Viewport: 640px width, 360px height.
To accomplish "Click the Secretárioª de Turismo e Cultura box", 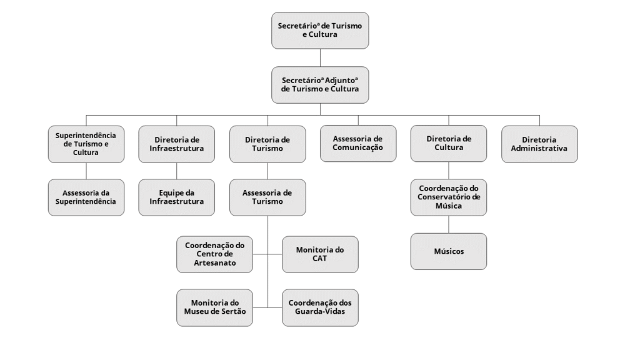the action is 320,31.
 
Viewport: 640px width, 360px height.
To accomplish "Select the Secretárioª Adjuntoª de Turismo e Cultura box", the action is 320,85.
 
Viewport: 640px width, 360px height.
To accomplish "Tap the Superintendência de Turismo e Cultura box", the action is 86,144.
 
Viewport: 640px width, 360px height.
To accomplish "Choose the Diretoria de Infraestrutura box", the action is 177,144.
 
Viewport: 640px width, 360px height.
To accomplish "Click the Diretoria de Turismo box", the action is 267,144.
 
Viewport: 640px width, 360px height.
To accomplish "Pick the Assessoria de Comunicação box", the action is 358,143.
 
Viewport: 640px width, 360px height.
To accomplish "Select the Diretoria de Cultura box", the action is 449,143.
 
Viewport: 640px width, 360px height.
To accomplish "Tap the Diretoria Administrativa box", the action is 539,144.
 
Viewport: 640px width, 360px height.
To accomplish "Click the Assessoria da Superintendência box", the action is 86,197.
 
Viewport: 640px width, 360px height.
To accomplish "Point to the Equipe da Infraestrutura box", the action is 177,197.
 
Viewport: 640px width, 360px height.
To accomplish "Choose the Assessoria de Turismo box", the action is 267,197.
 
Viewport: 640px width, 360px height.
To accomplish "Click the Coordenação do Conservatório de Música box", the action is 449,197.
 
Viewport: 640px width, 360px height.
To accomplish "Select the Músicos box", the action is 449,251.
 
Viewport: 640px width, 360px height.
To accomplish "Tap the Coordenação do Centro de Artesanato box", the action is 215,254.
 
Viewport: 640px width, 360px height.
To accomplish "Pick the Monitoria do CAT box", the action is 320,254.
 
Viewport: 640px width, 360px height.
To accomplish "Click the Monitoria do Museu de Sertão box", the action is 215,307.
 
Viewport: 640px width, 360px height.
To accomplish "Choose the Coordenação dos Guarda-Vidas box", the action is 320,307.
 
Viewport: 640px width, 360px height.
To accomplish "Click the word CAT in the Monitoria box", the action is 319,258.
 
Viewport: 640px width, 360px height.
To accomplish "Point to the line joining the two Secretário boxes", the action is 320,57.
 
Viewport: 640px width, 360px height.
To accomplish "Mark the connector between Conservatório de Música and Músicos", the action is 449,224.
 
